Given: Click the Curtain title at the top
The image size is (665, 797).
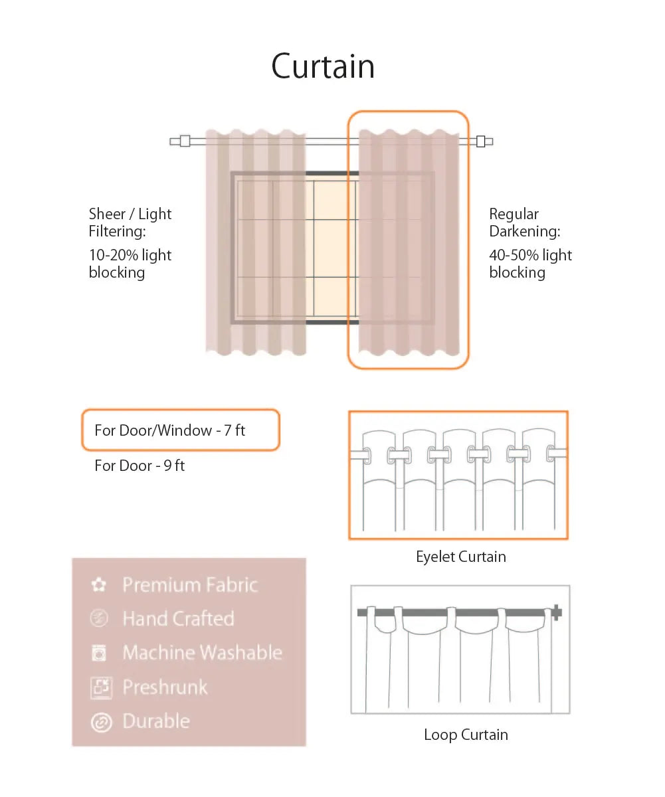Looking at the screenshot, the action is (323, 66).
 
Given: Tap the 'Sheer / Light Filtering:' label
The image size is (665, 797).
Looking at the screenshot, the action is (130, 222).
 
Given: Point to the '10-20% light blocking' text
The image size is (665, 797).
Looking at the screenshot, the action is (130, 264).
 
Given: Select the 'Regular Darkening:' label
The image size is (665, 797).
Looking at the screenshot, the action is (525, 222).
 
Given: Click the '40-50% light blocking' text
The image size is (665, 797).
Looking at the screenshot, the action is (530, 264).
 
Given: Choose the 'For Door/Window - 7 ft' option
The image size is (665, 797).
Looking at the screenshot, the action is (170, 430).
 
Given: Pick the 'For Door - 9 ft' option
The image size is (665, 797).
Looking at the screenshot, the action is (140, 466).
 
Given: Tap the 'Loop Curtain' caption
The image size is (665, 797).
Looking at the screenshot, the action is (466, 735).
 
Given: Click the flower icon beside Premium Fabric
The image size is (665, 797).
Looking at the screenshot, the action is (99, 584).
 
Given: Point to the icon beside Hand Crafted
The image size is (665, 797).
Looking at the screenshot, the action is (99, 618).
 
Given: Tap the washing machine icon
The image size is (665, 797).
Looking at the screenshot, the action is (99, 653).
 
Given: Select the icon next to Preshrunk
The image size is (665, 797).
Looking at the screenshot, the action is (101, 688).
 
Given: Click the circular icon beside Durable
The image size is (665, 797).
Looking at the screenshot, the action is (101, 722).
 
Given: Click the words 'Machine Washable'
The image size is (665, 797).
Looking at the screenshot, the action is (203, 652).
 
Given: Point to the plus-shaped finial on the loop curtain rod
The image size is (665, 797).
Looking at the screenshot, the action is (557, 612).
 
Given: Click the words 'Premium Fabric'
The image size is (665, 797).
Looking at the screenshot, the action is (190, 584).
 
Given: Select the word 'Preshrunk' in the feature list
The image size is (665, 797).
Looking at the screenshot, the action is (165, 687).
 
